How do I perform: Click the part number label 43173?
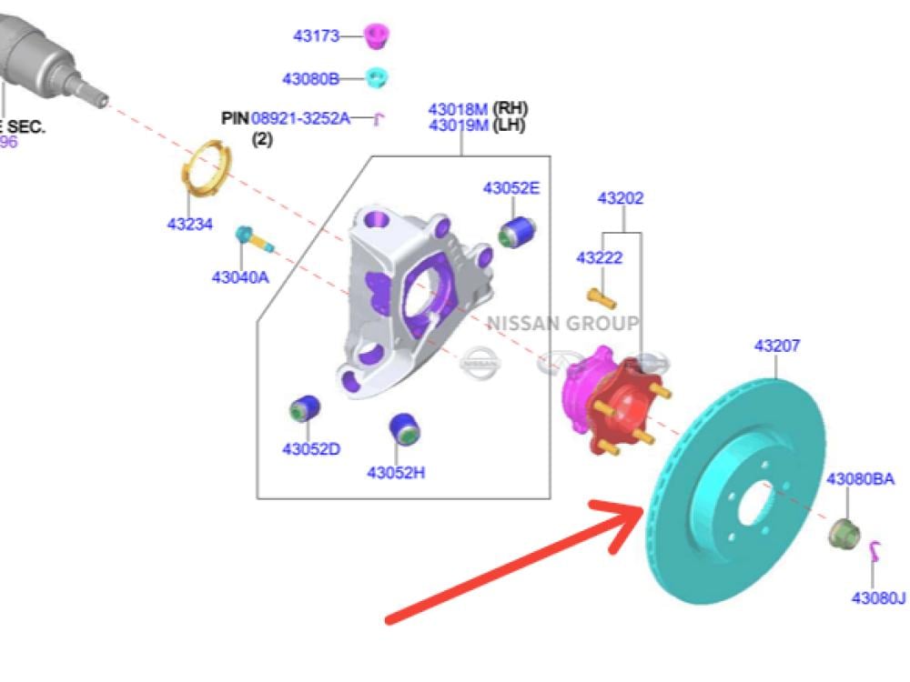pyautogui.click(x=316, y=36)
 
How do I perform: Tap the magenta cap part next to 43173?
pyautogui.click(x=376, y=36)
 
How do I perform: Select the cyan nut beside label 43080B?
pyautogui.click(x=377, y=77)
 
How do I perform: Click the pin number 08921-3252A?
pyautogui.click(x=300, y=118)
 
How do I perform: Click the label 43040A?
pyautogui.click(x=240, y=277)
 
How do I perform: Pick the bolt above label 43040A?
pyautogui.click(x=254, y=239)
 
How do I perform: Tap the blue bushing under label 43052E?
pyautogui.click(x=516, y=231)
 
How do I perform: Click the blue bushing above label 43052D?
pyautogui.click(x=304, y=410)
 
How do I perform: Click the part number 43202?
pyautogui.click(x=621, y=198)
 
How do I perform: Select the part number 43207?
pyautogui.click(x=777, y=346)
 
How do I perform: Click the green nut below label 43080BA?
pyautogui.click(x=844, y=531)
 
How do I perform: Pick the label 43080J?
pyautogui.click(x=878, y=597)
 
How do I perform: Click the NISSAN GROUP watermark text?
pyautogui.click(x=562, y=324)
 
